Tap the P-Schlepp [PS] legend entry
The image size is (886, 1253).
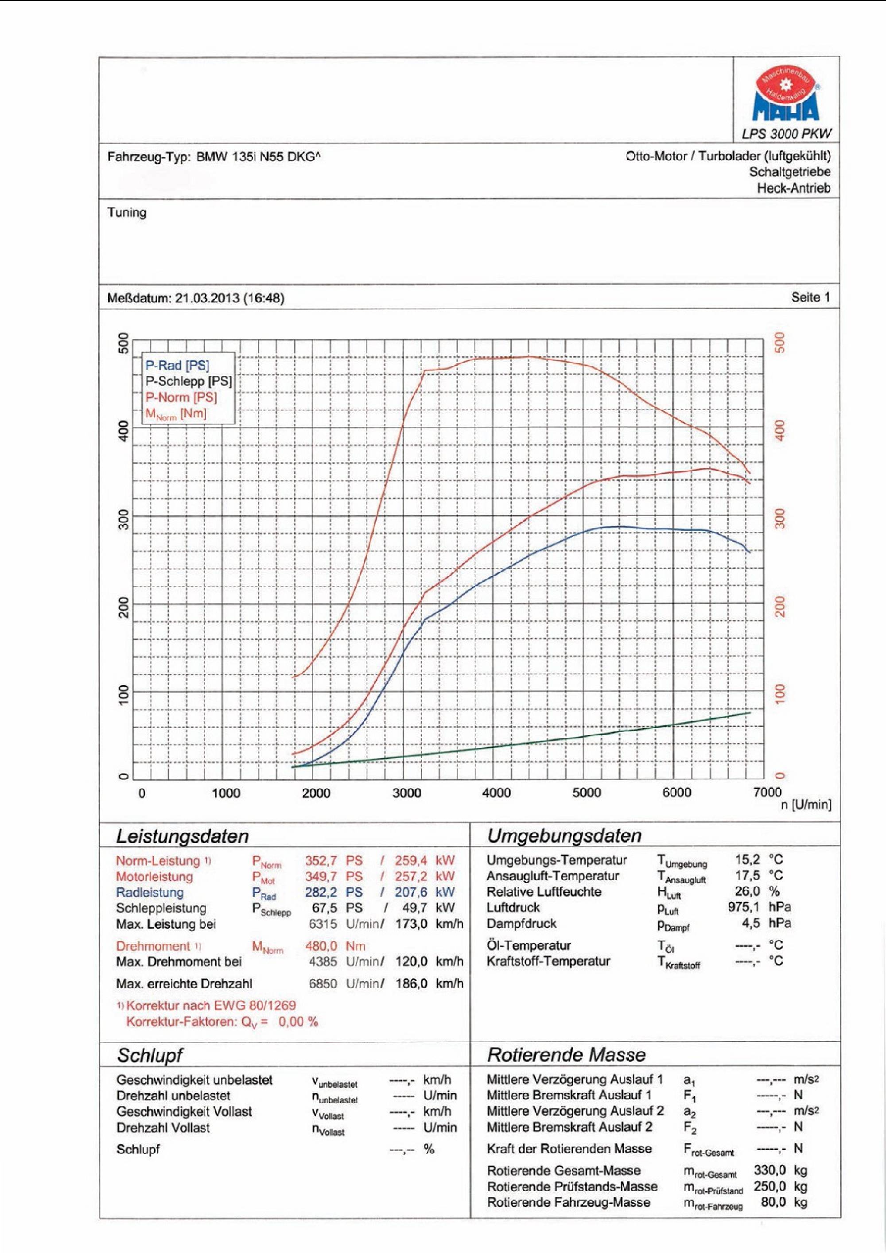188,381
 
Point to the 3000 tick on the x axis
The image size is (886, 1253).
407,793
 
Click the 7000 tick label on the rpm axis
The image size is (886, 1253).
768,792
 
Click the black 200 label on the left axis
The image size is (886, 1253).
124,607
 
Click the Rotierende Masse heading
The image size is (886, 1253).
566,1055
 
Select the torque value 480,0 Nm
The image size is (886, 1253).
334,946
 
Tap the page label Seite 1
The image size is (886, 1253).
810,298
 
